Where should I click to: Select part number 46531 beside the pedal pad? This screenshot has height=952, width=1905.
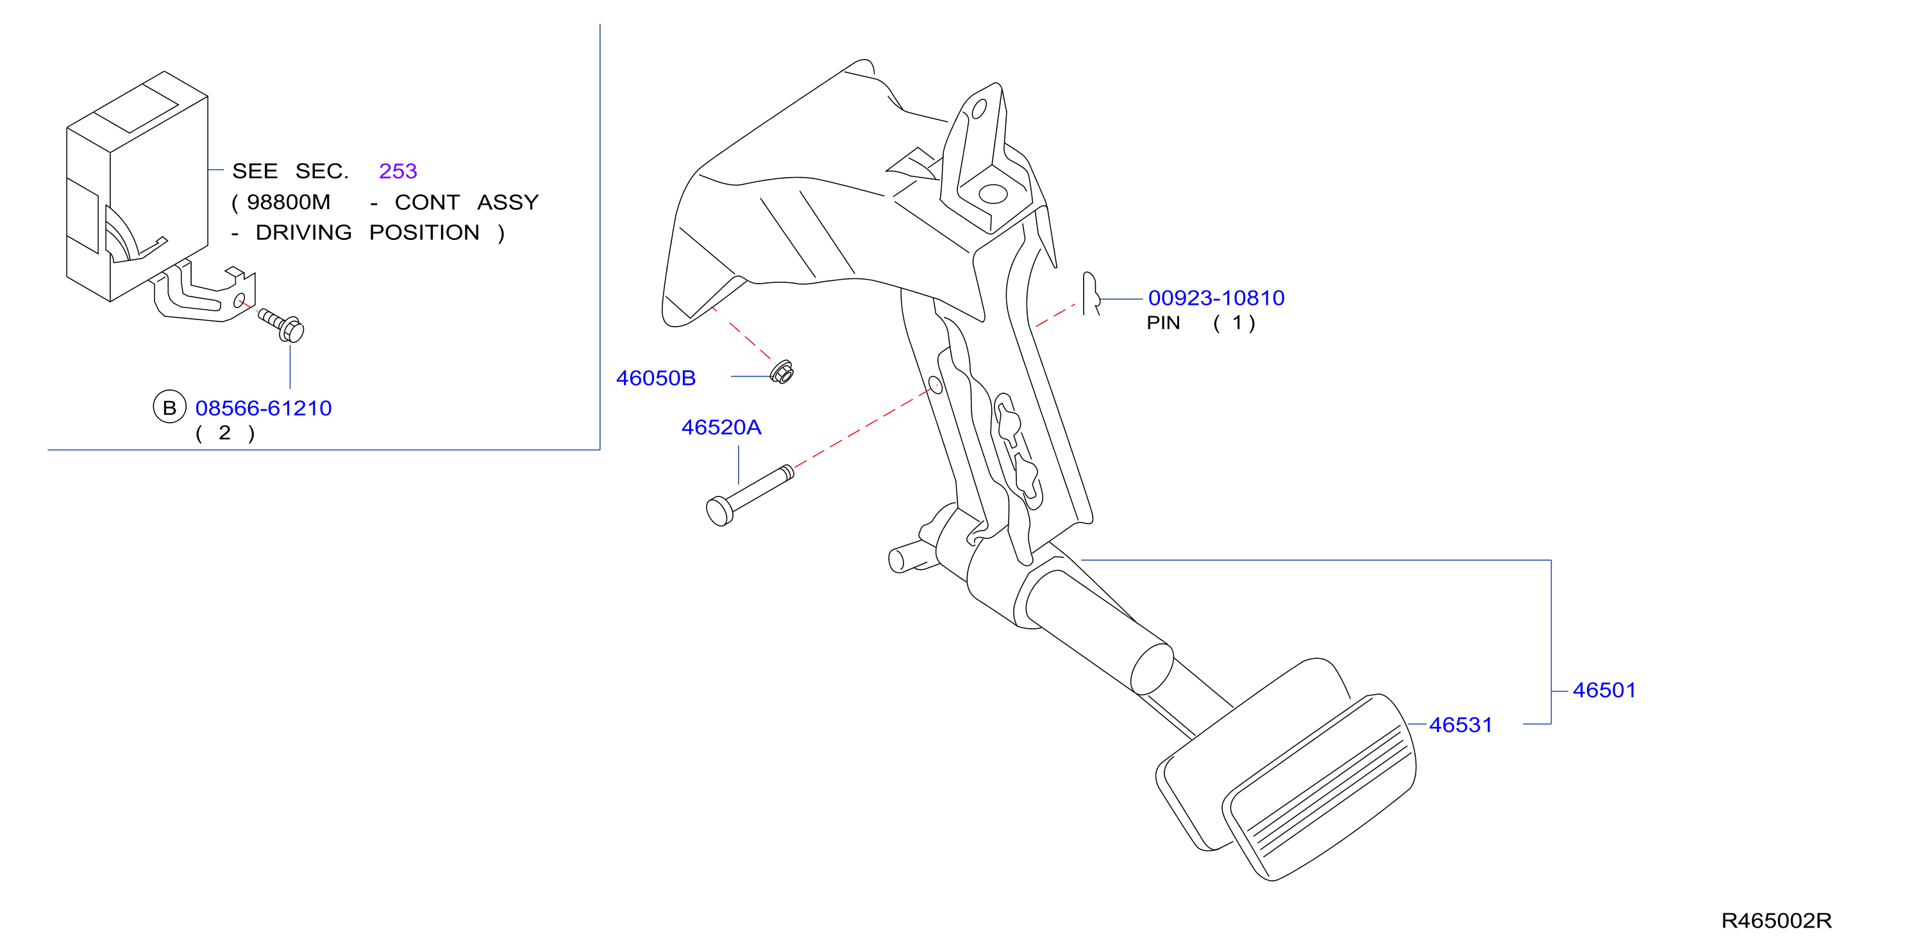1461,725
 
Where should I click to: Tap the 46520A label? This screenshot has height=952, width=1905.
721,427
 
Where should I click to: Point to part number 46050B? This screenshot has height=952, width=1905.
656,378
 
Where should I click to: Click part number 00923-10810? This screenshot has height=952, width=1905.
1216,298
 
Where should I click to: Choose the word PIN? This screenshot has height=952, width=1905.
1163,323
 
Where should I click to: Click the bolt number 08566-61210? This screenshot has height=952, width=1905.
264,408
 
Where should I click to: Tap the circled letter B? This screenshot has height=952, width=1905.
169,407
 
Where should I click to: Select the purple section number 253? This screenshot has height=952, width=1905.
398,171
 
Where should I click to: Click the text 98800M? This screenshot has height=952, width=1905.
289,202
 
